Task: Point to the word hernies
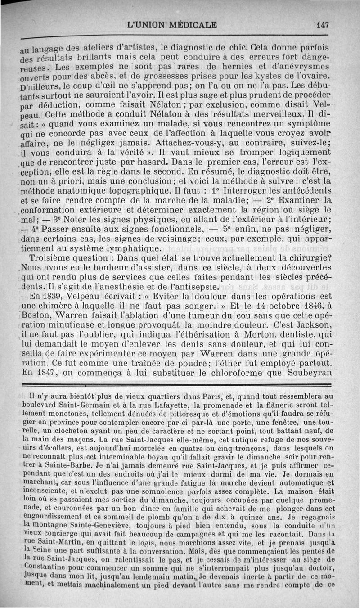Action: coord(241,68)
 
